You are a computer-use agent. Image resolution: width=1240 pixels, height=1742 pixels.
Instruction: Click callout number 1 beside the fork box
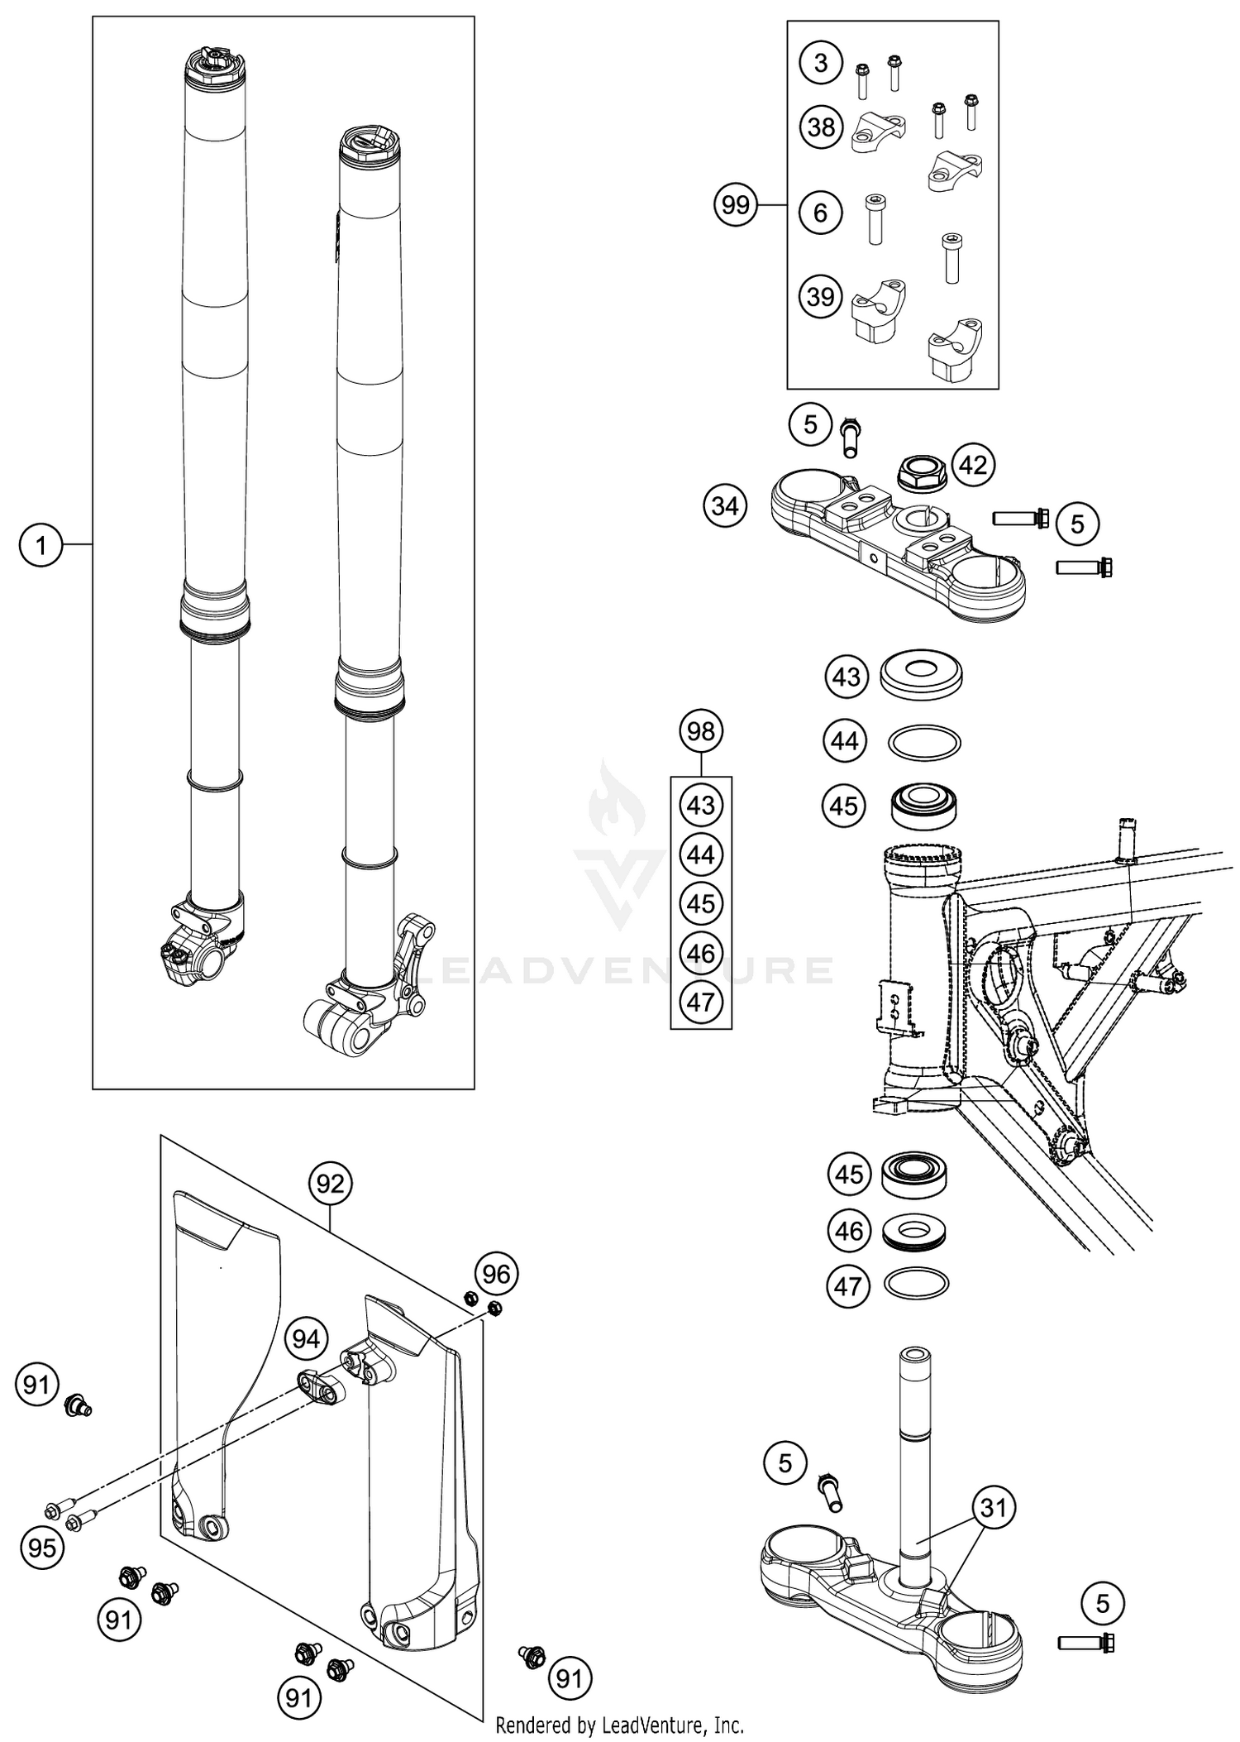click(40, 544)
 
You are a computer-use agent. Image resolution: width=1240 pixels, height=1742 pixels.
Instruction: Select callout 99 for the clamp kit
click(735, 204)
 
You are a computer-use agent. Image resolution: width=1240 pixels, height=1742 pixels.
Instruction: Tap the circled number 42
click(972, 465)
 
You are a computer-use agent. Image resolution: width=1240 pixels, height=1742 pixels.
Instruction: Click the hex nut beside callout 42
click(919, 473)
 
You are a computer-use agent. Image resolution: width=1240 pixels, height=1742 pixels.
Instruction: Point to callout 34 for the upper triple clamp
click(725, 505)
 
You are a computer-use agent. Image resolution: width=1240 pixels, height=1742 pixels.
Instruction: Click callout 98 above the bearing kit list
click(701, 731)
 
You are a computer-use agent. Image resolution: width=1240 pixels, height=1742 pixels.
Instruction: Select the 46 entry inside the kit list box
click(701, 953)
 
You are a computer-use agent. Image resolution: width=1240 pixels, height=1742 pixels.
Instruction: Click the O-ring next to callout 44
click(923, 741)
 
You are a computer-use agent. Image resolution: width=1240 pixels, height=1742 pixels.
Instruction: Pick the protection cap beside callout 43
click(922, 677)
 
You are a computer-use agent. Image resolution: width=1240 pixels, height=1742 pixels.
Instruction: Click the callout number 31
click(993, 1507)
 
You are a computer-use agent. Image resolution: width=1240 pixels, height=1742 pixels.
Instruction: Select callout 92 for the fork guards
click(329, 1184)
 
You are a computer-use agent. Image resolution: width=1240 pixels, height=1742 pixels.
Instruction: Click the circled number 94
click(306, 1338)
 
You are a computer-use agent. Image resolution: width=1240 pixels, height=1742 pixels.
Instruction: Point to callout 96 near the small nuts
click(496, 1274)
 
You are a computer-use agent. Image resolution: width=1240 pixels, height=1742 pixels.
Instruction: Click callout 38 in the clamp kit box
click(821, 127)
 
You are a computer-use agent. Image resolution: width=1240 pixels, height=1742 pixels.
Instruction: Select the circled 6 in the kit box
click(820, 213)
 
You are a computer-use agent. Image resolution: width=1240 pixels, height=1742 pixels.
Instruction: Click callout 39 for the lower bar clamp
click(821, 296)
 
